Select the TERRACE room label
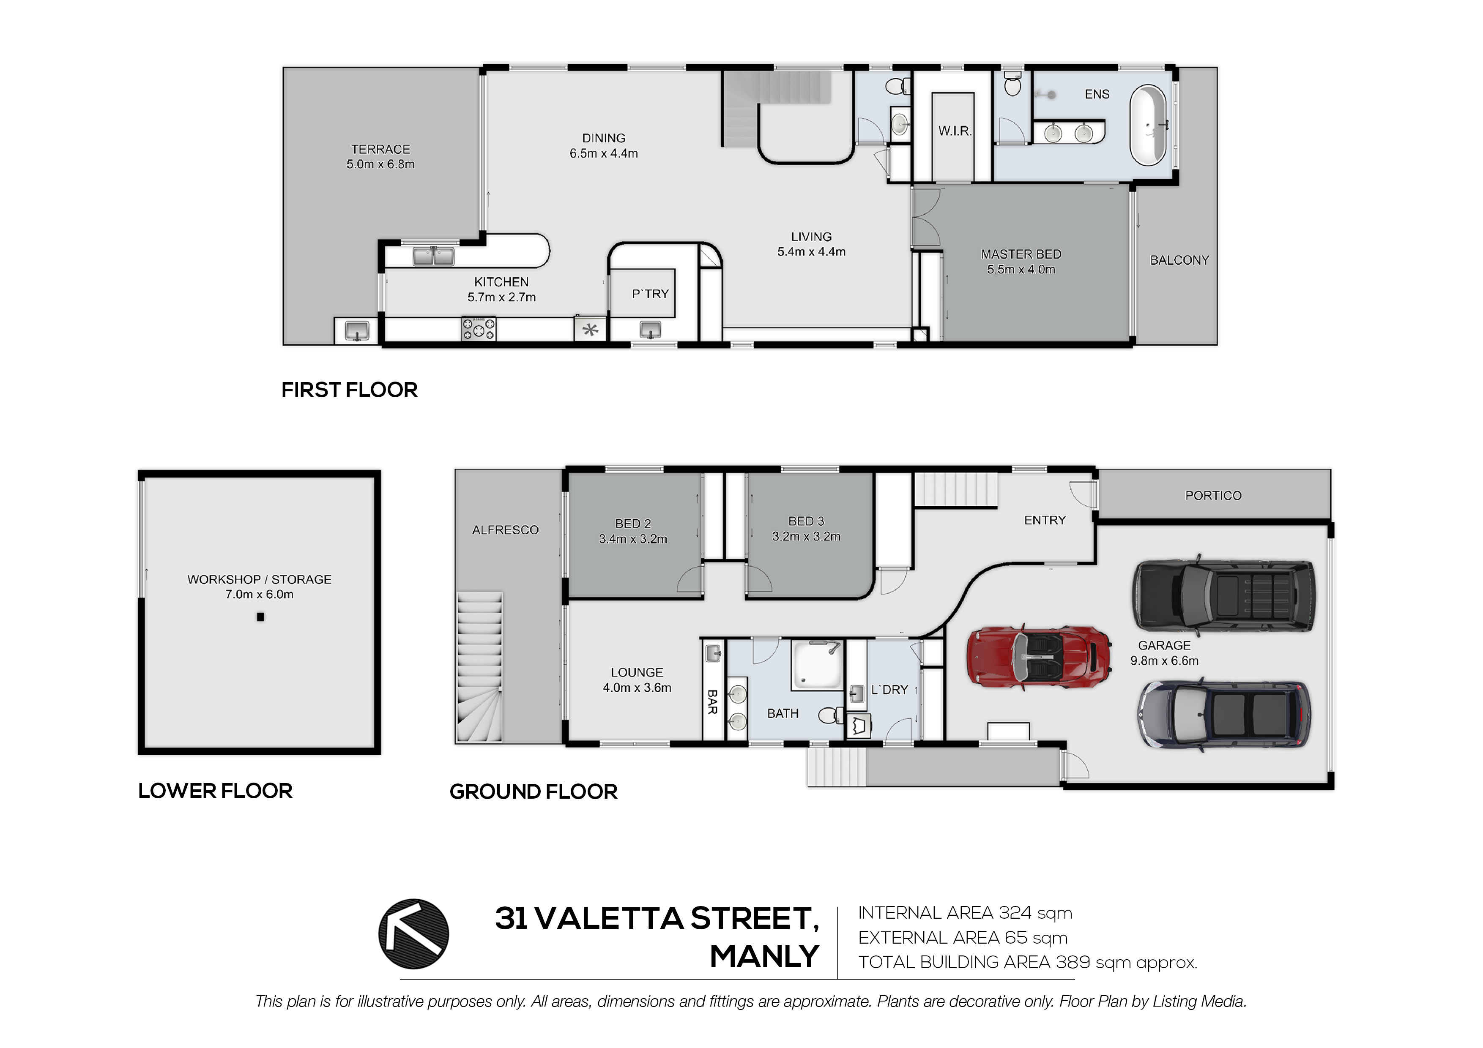pyautogui.click(x=380, y=149)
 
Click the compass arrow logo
pyautogui.click(x=413, y=933)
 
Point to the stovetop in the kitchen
pyautogui.click(x=479, y=329)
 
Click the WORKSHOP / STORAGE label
pyautogui.click(x=259, y=579)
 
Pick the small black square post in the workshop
pyautogui.click(x=260, y=617)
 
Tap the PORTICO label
pyautogui.click(x=1213, y=495)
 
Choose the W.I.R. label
pyautogui.click(x=955, y=131)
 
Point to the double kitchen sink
pyautogui.click(x=433, y=257)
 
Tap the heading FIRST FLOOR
pyautogui.click(x=350, y=390)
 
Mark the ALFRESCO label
pyautogui.click(x=505, y=530)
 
